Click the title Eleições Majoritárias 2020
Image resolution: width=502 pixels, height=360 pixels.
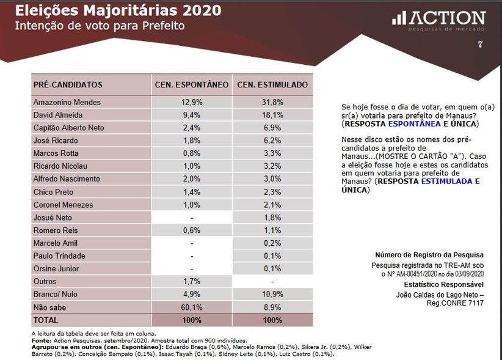(x=118, y=11)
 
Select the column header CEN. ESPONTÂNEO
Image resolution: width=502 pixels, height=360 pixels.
(x=192, y=84)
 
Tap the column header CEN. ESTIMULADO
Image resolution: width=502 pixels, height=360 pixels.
(x=272, y=84)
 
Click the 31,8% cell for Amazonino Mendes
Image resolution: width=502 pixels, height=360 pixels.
(x=272, y=102)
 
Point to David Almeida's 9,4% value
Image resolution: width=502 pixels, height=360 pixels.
(x=192, y=115)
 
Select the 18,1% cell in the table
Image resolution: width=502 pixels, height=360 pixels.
(x=272, y=115)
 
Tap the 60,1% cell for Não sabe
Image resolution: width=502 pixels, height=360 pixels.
(x=192, y=307)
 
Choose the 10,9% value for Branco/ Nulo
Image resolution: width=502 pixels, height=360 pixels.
(x=272, y=295)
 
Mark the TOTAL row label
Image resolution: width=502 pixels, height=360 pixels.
(x=46, y=320)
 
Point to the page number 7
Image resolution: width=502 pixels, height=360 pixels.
(x=481, y=44)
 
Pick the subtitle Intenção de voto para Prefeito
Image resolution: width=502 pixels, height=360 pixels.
(x=99, y=26)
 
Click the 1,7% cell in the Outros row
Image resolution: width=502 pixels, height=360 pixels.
(x=192, y=282)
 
